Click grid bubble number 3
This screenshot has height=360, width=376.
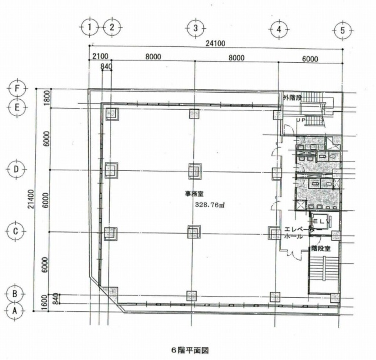click(195, 28)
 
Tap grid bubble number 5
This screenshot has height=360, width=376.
click(342, 30)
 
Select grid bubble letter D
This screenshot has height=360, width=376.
click(17, 170)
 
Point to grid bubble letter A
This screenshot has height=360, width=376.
click(15, 311)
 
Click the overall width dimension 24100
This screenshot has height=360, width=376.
click(215, 44)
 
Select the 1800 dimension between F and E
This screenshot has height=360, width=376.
click(47, 98)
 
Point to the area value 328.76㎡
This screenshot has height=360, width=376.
click(210, 205)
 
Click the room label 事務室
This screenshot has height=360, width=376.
click(194, 194)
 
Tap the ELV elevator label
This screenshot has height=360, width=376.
click(322, 222)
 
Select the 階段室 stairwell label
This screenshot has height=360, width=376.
click(321, 249)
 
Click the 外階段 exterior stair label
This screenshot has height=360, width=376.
click(292, 98)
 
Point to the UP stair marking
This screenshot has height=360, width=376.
click(301, 120)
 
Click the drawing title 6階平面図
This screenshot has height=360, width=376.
click(190, 350)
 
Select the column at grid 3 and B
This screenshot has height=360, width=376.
click(191, 296)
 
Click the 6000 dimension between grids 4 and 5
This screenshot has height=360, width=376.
click(310, 59)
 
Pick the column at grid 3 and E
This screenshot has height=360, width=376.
click(194, 114)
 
